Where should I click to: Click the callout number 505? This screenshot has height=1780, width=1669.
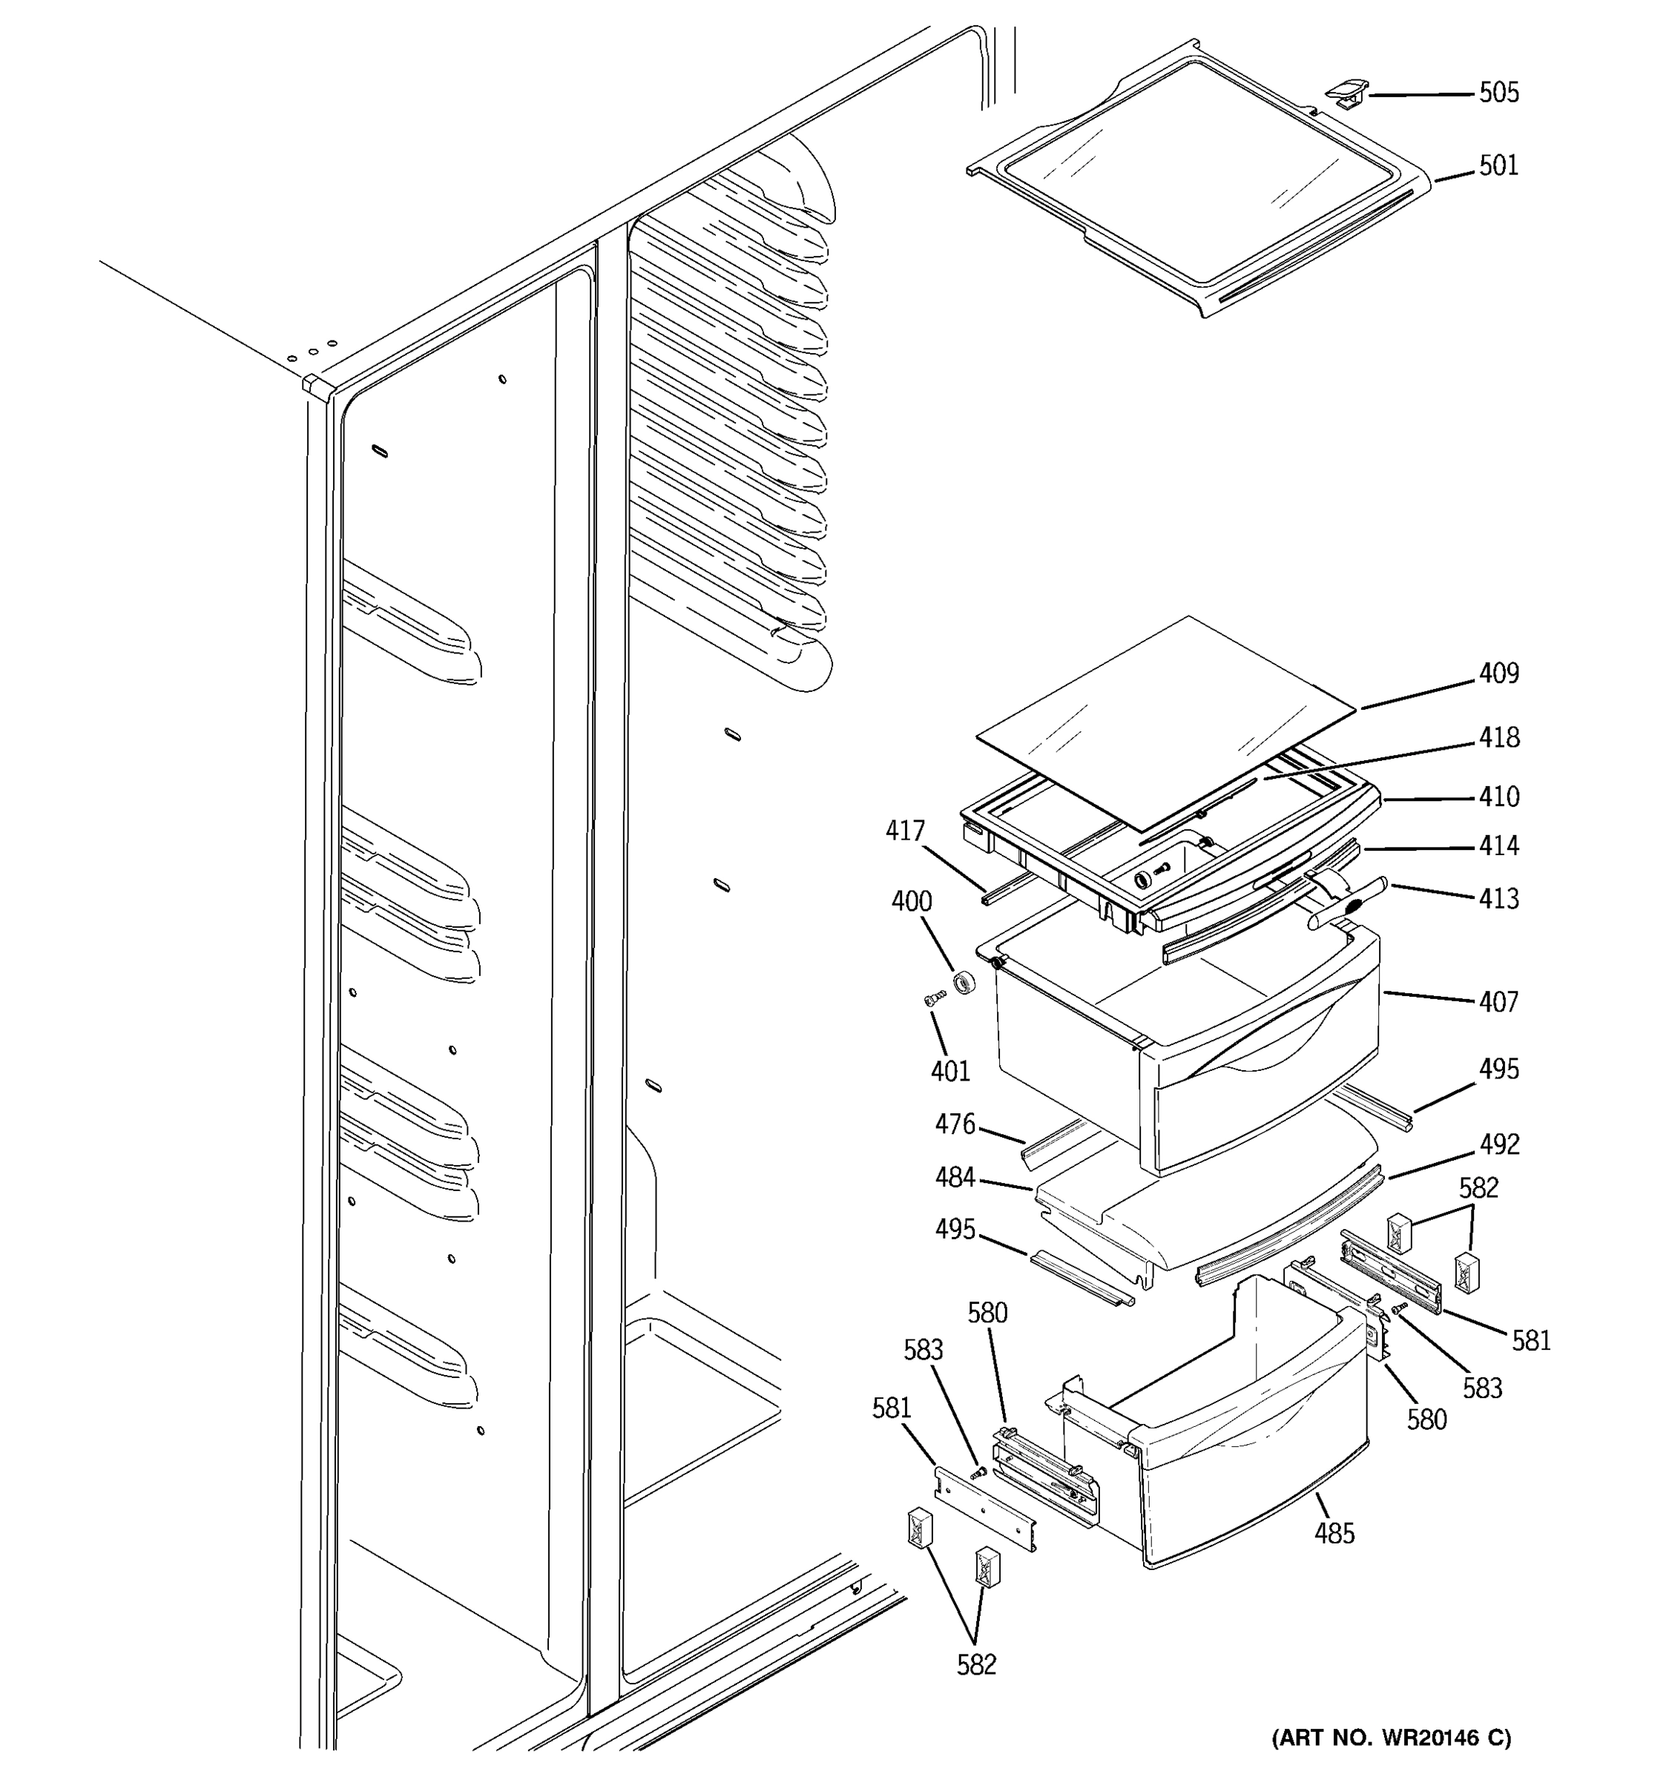[x=1498, y=93]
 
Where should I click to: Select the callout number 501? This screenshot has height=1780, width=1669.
[x=1498, y=167]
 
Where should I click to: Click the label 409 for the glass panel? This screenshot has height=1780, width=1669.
[x=1498, y=673]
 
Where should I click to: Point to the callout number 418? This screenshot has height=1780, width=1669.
[x=1498, y=738]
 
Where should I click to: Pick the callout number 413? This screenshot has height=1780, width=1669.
[x=1498, y=899]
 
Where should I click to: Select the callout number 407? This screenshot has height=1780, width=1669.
[x=1498, y=1002]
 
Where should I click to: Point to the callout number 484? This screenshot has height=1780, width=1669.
[x=955, y=1179]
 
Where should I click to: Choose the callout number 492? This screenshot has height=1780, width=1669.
[x=1498, y=1145]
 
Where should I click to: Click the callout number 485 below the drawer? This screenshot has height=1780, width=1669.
[x=1334, y=1535]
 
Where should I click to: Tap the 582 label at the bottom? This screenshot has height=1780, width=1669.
[x=976, y=1665]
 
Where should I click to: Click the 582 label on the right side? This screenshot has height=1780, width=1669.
[x=1478, y=1188]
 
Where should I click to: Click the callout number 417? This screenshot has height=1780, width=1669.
[x=904, y=832]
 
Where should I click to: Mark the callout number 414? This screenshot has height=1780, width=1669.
[x=1498, y=846]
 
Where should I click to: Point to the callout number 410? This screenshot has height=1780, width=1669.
[x=1498, y=797]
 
